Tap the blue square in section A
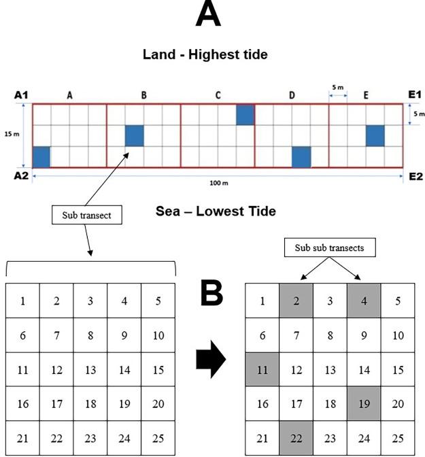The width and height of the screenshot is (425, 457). (41, 156)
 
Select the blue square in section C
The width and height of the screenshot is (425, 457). (245, 115)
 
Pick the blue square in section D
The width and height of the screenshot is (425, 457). (301, 157)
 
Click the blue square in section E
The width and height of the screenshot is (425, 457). (375, 135)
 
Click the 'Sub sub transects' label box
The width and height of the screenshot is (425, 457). (329, 248)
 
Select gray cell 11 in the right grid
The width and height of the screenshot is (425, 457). (262, 371)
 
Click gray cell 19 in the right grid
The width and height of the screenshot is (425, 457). (364, 404)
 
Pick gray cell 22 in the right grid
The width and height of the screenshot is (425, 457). (296, 438)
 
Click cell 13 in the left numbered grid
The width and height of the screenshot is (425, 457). (90, 370)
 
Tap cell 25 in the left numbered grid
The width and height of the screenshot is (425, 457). (158, 439)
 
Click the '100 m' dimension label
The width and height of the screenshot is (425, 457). (219, 184)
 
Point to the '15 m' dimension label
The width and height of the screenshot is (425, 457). (12, 134)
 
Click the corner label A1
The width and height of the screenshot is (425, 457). (21, 96)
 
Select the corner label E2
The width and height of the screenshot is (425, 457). (415, 176)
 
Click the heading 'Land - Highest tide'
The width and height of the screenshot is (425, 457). (205, 54)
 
